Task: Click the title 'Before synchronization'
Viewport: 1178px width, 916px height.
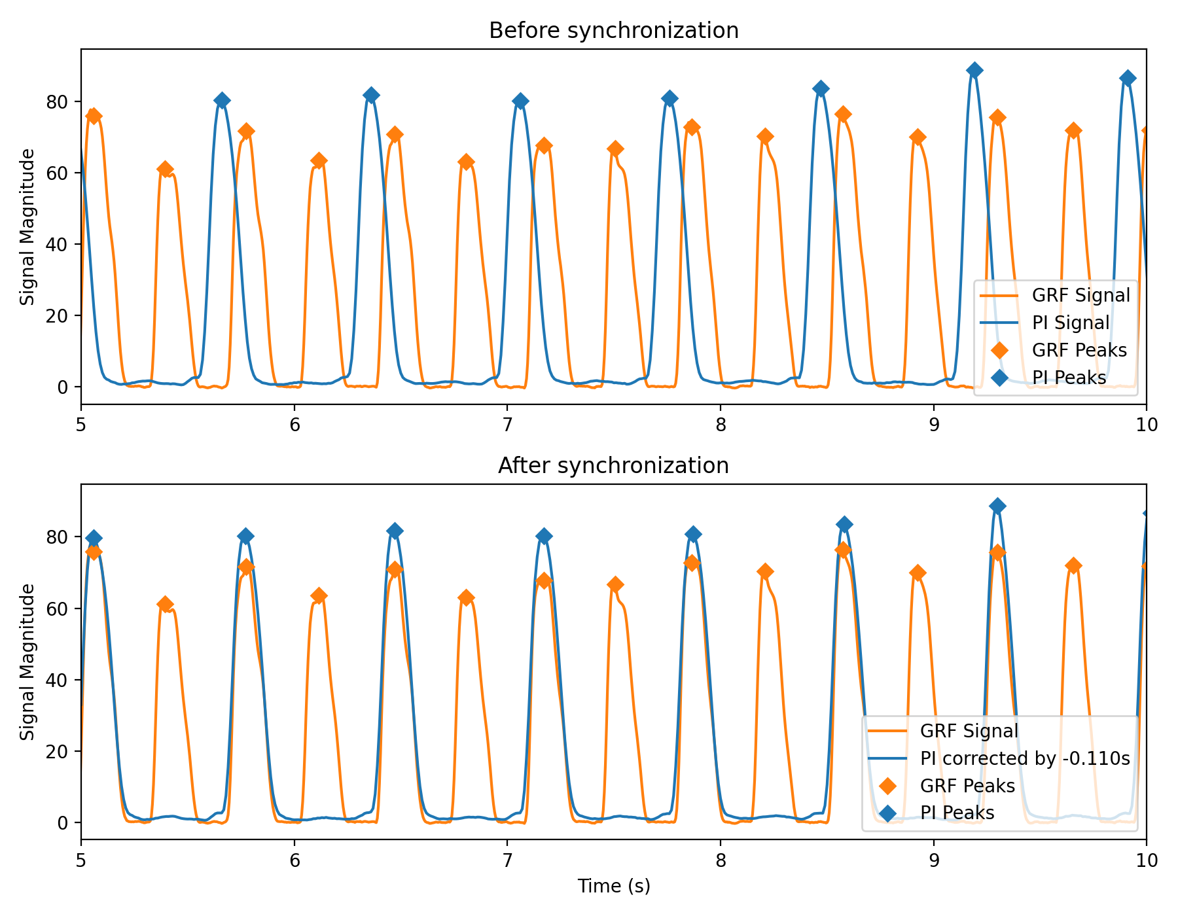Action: (613, 31)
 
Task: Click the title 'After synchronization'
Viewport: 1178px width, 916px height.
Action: (613, 466)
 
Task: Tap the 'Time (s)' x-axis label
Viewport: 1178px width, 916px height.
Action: (613, 886)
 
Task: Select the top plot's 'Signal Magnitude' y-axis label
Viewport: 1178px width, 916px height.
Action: (27, 227)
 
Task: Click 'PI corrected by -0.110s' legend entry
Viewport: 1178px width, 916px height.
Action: (1025, 758)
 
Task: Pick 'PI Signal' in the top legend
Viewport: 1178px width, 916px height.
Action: (1070, 323)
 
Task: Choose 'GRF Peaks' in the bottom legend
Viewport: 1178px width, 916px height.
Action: (967, 786)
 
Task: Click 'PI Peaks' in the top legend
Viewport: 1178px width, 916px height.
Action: (1069, 378)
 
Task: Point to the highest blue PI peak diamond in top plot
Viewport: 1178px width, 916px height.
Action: (974, 70)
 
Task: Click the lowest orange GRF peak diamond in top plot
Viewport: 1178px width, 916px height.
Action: (166, 169)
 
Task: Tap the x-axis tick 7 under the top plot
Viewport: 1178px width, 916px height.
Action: (507, 425)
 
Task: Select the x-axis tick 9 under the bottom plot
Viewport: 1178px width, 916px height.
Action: (933, 860)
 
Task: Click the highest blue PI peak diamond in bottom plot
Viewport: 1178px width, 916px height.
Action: (997, 506)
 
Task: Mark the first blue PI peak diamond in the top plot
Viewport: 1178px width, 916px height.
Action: (222, 100)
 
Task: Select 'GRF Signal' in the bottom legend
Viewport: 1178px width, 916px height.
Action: (969, 731)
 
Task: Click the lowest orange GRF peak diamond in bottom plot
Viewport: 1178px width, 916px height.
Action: (166, 604)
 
